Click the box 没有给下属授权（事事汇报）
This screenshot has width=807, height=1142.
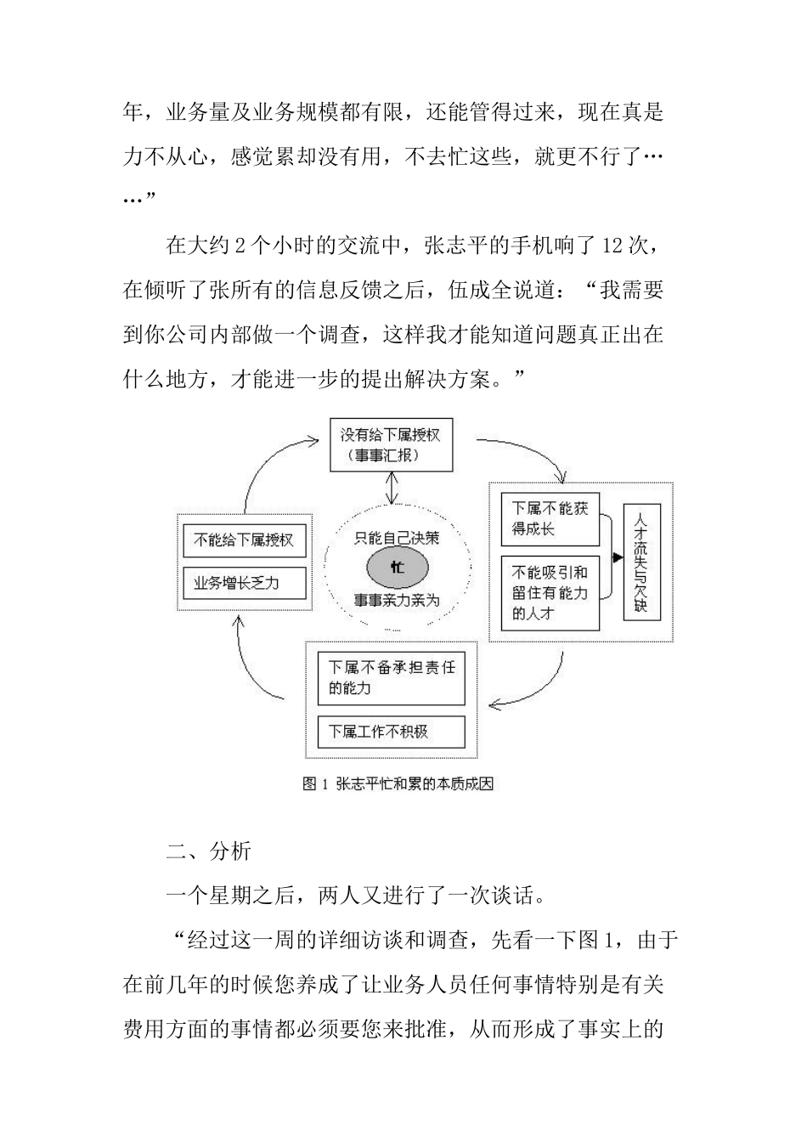391,445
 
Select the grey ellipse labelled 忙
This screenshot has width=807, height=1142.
397,567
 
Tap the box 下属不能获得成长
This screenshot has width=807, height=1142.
549,518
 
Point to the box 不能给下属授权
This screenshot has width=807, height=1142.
244,540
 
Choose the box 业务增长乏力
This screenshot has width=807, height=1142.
244,583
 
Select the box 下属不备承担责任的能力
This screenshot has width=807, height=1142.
392,678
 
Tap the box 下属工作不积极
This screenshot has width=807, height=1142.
392,732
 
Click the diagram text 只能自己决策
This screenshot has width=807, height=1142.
397,538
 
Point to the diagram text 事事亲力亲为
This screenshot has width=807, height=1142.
397,601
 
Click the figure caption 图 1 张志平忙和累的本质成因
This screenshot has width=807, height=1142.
398,784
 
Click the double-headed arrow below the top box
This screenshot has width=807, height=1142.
391,488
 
